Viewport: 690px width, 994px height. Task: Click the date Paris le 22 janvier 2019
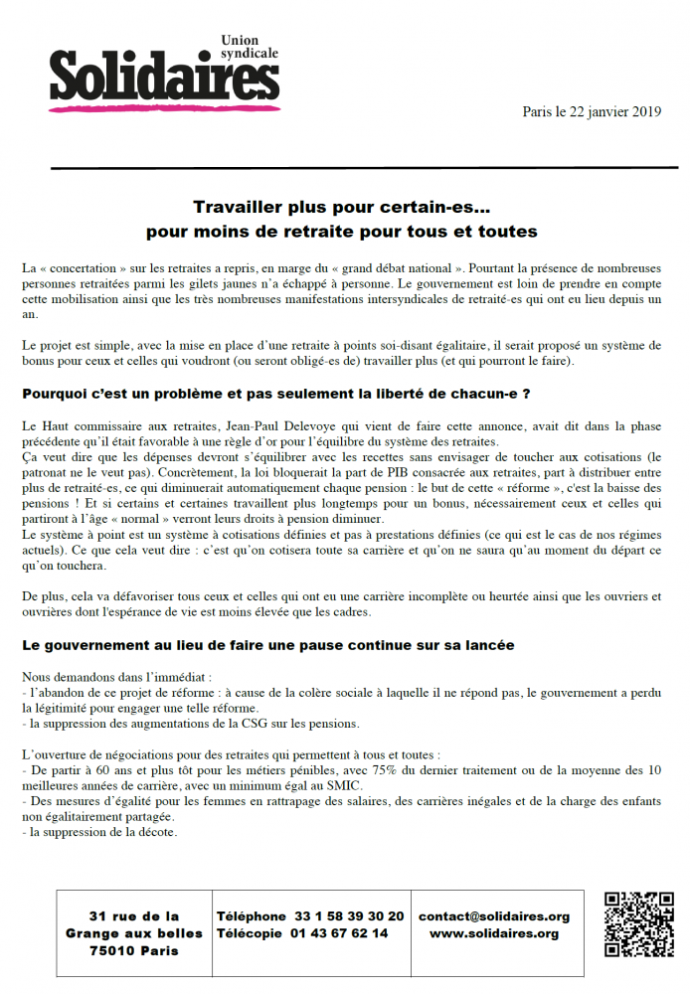pyautogui.click(x=592, y=112)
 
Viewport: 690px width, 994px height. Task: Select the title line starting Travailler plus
pyautogui.click(x=341, y=208)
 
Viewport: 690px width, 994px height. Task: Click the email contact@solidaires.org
pyautogui.click(x=494, y=916)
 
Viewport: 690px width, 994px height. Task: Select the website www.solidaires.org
pyautogui.click(x=494, y=933)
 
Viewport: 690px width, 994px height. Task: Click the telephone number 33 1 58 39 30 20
pyautogui.click(x=349, y=916)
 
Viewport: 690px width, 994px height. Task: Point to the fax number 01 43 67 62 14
pyautogui.click(x=341, y=933)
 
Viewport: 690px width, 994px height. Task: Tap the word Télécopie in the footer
pyautogui.click(x=251, y=933)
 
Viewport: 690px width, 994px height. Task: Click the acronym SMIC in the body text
pyautogui.click(x=292, y=785)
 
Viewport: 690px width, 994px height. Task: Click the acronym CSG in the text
pyautogui.click(x=245, y=724)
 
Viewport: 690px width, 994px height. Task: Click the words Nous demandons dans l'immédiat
pyautogui.click(x=109, y=676)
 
